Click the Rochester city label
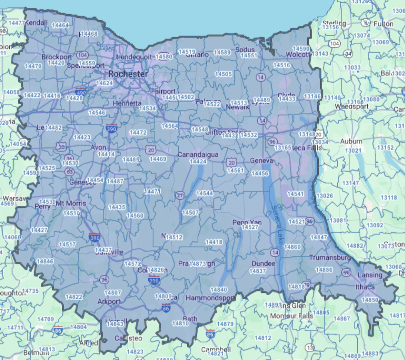tap(122, 73)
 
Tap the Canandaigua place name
tap(198, 155)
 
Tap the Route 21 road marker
tap(180, 196)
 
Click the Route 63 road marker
tap(70, 172)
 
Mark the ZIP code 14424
tap(198, 162)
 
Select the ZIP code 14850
tap(371, 300)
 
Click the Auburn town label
tap(351, 142)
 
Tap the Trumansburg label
tap(330, 257)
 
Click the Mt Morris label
tap(71, 203)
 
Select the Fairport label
tap(163, 91)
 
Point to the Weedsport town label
tap(351, 106)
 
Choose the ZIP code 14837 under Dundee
tap(258, 271)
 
